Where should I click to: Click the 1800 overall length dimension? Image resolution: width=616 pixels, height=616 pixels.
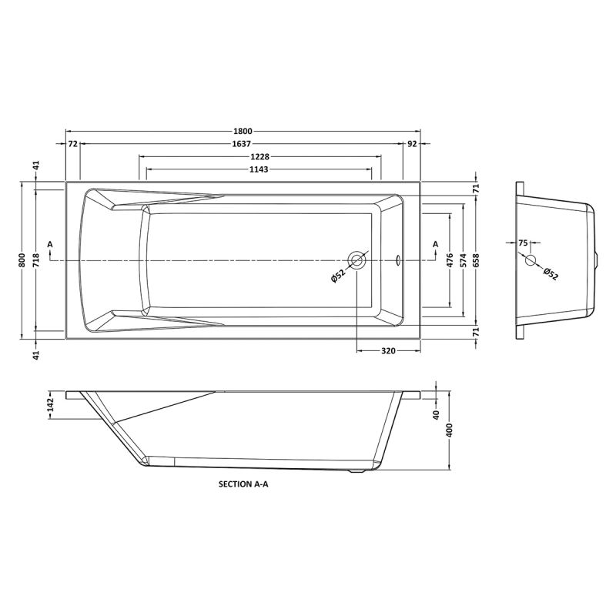[243, 131]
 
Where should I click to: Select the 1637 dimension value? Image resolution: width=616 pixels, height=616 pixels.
[243, 144]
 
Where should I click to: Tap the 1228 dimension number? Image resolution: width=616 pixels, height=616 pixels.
[259, 156]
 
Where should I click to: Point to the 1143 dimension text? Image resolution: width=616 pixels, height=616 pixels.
[259, 169]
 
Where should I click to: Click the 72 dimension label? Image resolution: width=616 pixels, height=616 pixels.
[72, 144]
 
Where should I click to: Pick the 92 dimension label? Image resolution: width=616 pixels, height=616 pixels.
[412, 144]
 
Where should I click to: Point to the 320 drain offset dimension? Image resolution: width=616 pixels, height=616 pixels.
[388, 351]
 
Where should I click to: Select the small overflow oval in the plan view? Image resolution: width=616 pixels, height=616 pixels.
[398, 260]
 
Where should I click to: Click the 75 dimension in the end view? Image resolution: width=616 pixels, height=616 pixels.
[524, 243]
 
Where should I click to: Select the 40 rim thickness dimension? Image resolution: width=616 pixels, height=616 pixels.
[436, 415]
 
